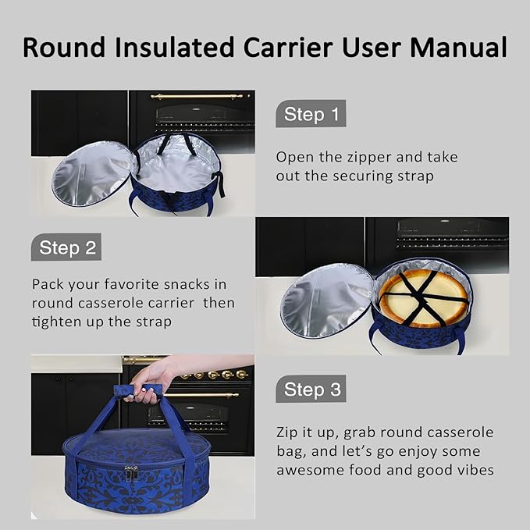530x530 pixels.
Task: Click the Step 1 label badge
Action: [x=311, y=115]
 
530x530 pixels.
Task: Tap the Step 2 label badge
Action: [x=66, y=248]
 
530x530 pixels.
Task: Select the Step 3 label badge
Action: [x=311, y=389]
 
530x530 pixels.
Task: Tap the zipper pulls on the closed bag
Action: [x=132, y=472]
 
